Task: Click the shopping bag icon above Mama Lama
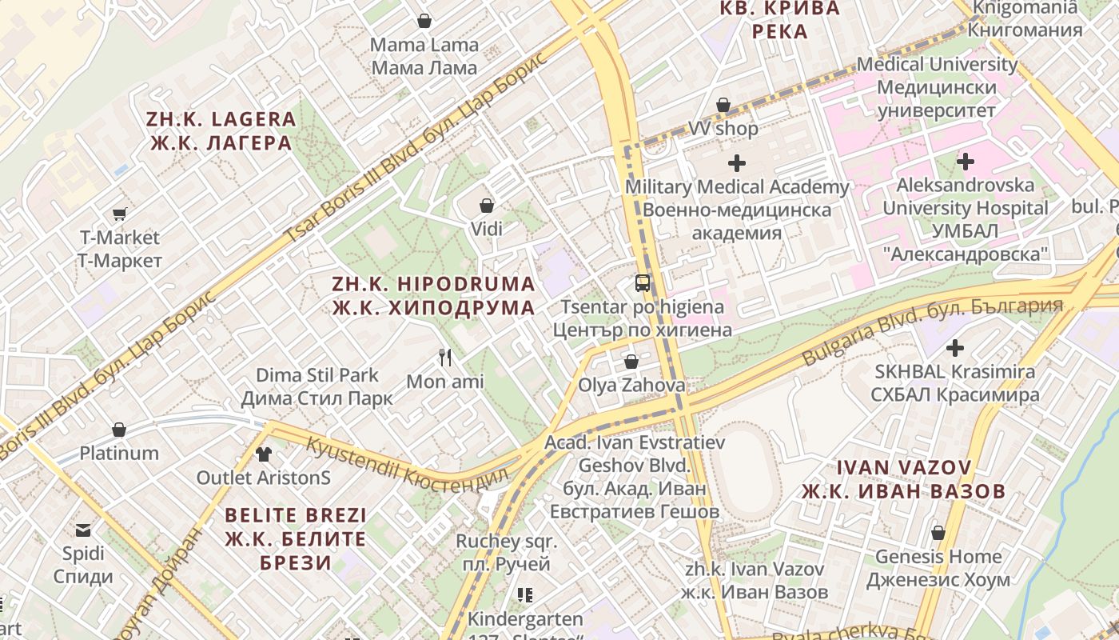click(424, 21)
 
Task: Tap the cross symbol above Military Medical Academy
click(737, 164)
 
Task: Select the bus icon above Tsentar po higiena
click(643, 282)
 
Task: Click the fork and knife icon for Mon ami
click(446, 358)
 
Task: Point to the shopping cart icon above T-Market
click(120, 214)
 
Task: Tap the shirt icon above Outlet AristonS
click(264, 454)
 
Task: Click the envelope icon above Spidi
click(83, 530)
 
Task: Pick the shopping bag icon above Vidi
click(486, 206)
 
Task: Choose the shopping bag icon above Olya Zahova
click(631, 362)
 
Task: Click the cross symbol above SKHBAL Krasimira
click(955, 348)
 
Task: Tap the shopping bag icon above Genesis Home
click(938, 532)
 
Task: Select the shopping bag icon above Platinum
click(119, 430)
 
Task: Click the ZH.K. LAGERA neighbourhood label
click(221, 131)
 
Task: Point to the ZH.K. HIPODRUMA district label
click(434, 296)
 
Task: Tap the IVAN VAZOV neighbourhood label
click(903, 478)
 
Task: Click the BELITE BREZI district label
click(296, 538)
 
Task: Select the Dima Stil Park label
click(317, 386)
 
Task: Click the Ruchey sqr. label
click(507, 552)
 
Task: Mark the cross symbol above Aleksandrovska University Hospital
click(966, 162)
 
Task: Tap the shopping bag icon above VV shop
click(723, 105)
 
